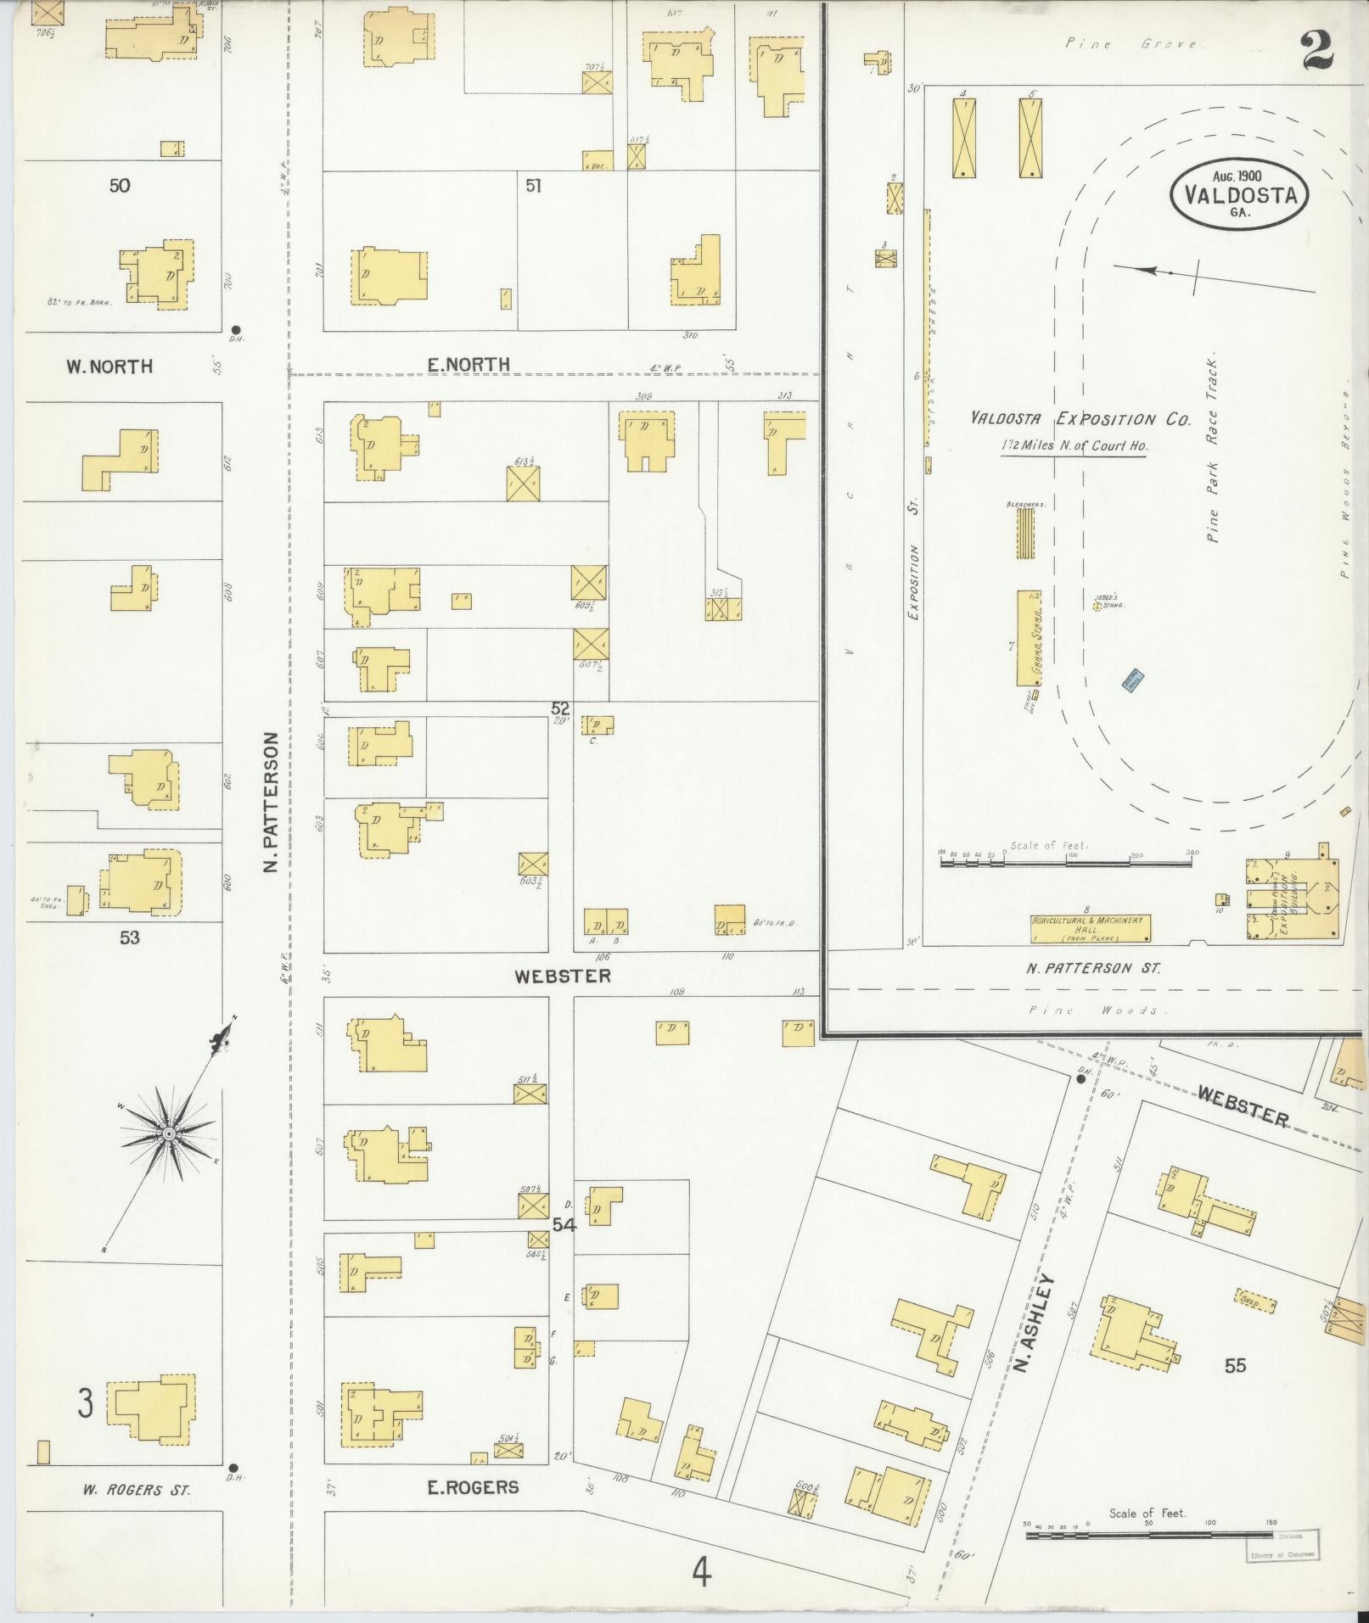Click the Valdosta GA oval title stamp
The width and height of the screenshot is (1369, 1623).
(1238, 194)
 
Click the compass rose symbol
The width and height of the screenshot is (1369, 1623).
(169, 1133)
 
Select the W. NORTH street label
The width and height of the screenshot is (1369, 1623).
(109, 367)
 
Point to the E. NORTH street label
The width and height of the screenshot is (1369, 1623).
(468, 365)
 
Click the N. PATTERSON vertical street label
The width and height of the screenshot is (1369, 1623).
(270, 802)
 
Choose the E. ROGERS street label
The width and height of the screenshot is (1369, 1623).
(472, 1486)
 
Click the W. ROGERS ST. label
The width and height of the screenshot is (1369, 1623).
(136, 1490)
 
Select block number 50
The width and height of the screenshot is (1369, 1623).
(120, 185)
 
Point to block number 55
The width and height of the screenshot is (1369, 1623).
(1235, 1365)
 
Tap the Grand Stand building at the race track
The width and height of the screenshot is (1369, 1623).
(1030, 637)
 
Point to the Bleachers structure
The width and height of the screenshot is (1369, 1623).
(1025, 532)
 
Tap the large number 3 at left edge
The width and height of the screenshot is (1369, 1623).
(85, 1402)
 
